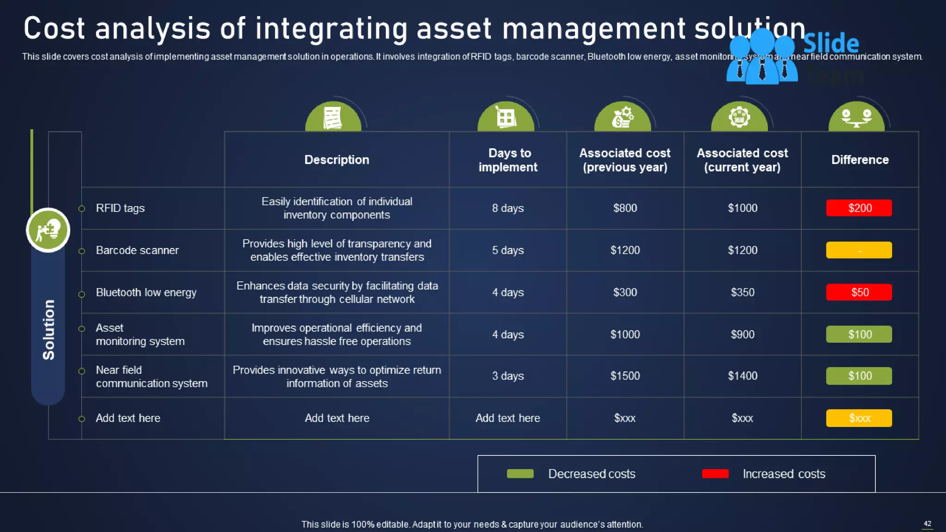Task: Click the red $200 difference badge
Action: click(x=859, y=208)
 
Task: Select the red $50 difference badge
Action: click(x=859, y=292)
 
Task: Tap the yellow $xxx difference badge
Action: click(x=859, y=418)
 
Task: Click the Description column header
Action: click(x=337, y=160)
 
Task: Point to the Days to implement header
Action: click(x=508, y=160)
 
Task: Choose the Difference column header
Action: click(x=860, y=160)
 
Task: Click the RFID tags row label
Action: click(x=120, y=208)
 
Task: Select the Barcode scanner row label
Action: click(x=137, y=250)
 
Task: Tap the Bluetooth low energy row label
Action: click(x=146, y=293)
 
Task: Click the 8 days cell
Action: click(x=508, y=208)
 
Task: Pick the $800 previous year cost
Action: click(x=625, y=208)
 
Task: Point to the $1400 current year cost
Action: click(x=742, y=376)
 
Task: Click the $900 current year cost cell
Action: click(x=742, y=334)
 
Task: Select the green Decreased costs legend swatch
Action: click(x=520, y=474)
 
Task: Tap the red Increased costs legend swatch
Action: click(x=715, y=474)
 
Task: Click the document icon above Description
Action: click(x=333, y=118)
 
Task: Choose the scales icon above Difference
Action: click(x=856, y=118)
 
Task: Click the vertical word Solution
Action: click(x=49, y=330)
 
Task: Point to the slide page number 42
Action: click(x=927, y=524)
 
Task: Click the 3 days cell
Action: click(x=508, y=376)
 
